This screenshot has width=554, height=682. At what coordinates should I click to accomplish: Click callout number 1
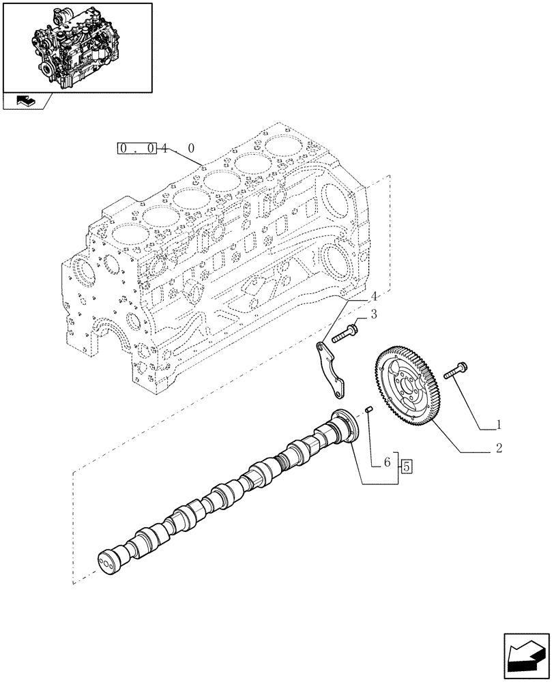click(x=499, y=424)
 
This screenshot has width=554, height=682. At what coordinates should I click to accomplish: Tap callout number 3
click(x=373, y=314)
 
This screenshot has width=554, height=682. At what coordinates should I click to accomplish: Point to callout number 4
click(x=373, y=297)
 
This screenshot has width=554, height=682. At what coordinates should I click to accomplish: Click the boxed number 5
click(x=407, y=467)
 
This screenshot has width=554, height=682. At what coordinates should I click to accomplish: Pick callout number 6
click(x=387, y=462)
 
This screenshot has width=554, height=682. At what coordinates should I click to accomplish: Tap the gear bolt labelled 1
click(x=455, y=370)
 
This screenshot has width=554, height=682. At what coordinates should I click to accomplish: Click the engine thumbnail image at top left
click(x=77, y=47)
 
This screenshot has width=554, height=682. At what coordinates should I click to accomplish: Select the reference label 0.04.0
click(x=156, y=147)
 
